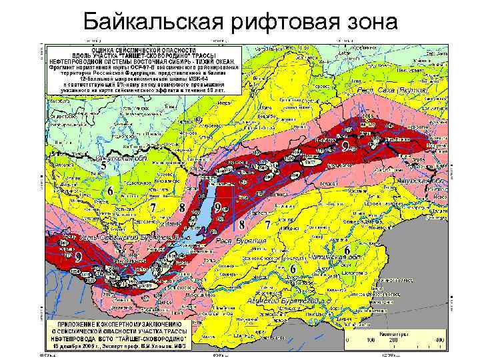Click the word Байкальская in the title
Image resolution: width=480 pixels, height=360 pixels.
(154, 23)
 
